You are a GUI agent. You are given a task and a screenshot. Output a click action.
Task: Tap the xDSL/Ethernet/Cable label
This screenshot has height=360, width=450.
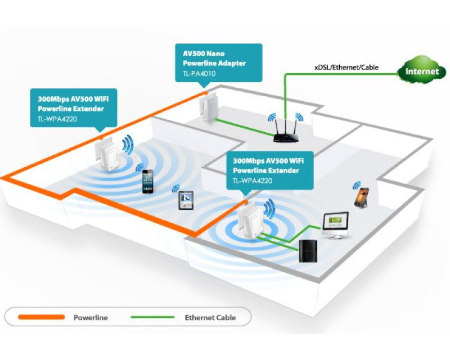pyautogui.click(x=346, y=67)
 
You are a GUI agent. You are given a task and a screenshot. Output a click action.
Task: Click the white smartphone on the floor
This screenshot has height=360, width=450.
pyautogui.click(x=147, y=181)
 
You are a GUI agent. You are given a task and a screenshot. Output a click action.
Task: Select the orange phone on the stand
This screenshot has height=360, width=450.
pyautogui.click(x=361, y=197)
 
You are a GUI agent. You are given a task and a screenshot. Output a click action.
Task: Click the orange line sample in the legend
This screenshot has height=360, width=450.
pyautogui.click(x=40, y=317)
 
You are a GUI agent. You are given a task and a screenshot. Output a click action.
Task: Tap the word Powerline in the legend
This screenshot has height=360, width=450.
pyautogui.click(x=91, y=318)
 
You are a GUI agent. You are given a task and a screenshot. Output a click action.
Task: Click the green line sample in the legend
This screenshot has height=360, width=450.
pyautogui.click(x=152, y=317)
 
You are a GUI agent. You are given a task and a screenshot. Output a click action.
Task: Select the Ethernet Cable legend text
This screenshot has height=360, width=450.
pyautogui.click(x=210, y=318)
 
